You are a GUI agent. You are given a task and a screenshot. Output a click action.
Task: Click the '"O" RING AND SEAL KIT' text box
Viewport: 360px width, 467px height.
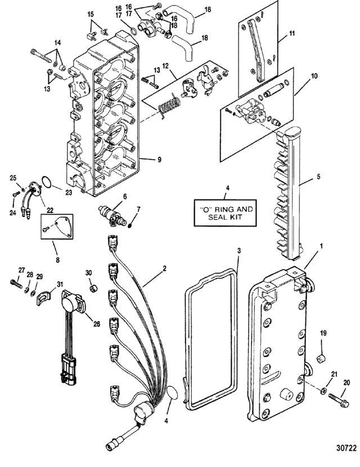225,212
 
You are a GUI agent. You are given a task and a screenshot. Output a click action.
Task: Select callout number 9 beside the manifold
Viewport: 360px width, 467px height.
159,160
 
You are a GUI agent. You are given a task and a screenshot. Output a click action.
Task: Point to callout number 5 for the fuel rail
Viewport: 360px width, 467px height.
318,176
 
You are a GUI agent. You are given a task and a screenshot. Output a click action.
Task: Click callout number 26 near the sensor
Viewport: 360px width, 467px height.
97,324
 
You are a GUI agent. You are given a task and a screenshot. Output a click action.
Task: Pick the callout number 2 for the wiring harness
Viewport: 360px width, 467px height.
164,269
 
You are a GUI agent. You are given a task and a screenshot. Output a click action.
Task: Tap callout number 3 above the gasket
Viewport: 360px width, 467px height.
239,251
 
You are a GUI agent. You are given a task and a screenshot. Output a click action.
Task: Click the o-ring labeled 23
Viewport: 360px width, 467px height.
46,182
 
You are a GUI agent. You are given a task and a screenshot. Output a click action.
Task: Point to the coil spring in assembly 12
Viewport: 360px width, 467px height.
169,105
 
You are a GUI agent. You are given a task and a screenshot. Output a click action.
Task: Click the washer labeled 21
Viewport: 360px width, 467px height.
323,391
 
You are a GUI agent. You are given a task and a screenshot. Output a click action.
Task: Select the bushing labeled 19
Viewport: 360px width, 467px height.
321,359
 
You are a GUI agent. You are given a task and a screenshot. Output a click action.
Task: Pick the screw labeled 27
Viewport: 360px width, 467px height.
16,284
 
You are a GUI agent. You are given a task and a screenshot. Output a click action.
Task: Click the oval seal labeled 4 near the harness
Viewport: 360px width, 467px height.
172,393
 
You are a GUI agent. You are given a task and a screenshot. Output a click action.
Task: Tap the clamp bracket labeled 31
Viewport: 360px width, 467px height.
43,298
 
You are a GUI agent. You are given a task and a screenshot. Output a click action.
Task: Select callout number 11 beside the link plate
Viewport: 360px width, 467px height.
292,33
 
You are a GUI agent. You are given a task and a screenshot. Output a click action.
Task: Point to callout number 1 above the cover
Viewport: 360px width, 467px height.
322,247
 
